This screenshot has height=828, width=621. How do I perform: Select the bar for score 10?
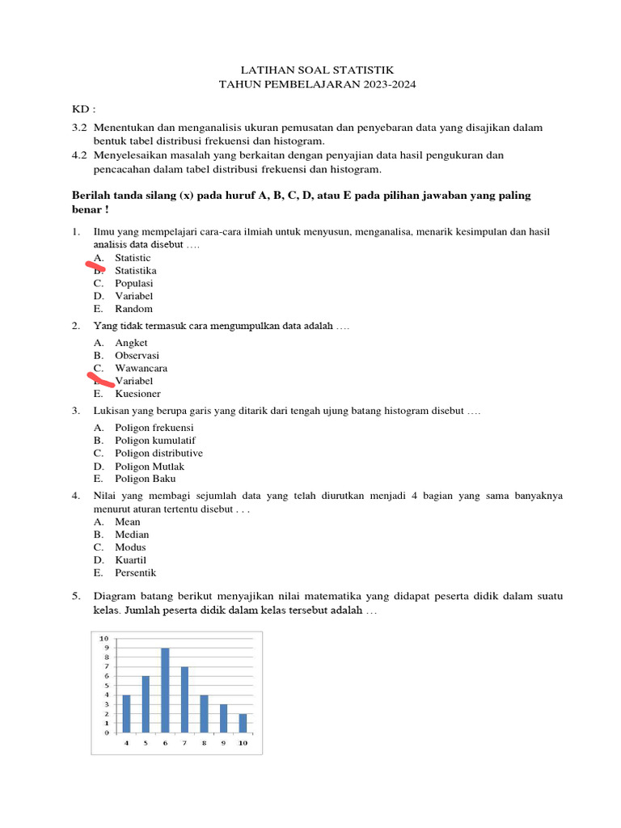pos(243,723)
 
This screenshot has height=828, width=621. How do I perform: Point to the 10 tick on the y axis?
pos(103,639)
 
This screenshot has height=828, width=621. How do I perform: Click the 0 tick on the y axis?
pos(105,733)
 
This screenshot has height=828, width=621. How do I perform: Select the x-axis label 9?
pos(223,742)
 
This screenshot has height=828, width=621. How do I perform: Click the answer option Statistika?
pos(136,271)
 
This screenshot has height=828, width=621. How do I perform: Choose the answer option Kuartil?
pos(131,560)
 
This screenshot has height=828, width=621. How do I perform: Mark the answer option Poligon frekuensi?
pos(154,428)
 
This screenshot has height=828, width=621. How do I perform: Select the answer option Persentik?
pos(135,573)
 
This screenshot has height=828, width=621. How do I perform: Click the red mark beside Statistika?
pos(95,264)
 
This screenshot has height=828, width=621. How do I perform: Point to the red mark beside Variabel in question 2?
pos(101,378)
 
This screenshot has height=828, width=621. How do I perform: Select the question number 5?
pos(75,597)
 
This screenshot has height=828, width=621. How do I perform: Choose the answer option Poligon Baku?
pos(145,479)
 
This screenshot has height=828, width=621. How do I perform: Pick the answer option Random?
pos(133,309)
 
